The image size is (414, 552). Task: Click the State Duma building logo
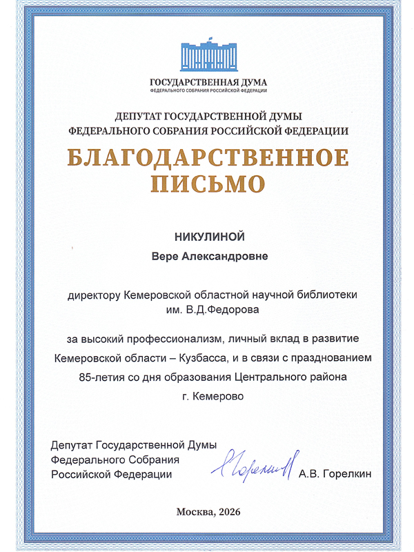pyautogui.click(x=208, y=58)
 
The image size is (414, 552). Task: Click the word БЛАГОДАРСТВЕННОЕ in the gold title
pyautogui.click(x=208, y=158)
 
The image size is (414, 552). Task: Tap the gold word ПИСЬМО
pyautogui.click(x=208, y=183)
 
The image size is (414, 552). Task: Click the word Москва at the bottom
pyautogui.click(x=193, y=511)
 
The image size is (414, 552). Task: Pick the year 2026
pyautogui.click(x=229, y=511)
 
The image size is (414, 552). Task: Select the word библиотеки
pyautogui.click(x=328, y=295)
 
